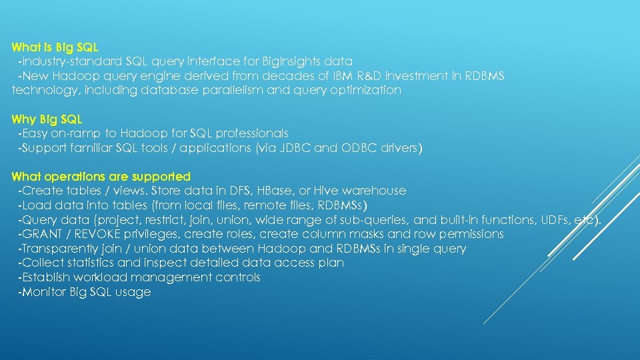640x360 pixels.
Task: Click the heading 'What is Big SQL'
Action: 55,47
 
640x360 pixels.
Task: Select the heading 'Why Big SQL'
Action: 47,119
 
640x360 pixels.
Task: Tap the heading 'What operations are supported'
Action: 101,177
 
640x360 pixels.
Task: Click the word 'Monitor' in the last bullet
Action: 44,292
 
